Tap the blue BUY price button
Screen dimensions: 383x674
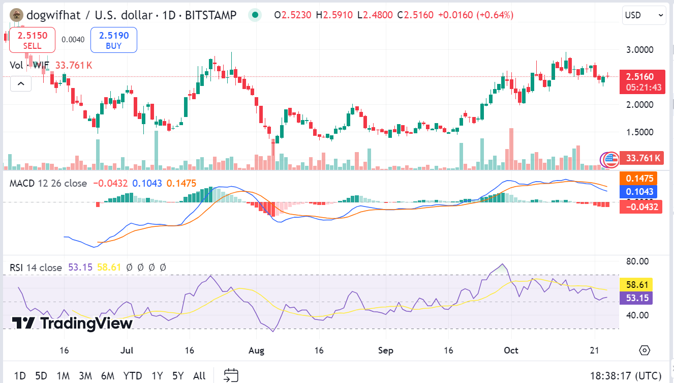tap(114, 40)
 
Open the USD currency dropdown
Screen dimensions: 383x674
tap(644, 15)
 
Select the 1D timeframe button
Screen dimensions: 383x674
tap(20, 376)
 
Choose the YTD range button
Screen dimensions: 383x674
tap(133, 376)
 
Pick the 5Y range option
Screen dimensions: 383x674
tap(178, 376)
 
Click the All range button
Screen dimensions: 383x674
tap(199, 376)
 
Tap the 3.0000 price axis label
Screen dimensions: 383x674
tap(639, 50)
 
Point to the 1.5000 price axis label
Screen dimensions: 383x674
tap(639, 132)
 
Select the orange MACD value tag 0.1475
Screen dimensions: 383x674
tap(639, 179)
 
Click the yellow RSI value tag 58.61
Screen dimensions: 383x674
tap(636, 284)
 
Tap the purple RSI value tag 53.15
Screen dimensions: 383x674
tap(636, 298)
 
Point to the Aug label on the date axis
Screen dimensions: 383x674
tap(256, 350)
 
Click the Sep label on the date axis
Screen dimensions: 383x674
tap(386, 350)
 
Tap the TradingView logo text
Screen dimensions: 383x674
tap(73, 323)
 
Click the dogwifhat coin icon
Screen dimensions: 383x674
tap(17, 15)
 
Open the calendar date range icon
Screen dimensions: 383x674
tap(231, 375)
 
